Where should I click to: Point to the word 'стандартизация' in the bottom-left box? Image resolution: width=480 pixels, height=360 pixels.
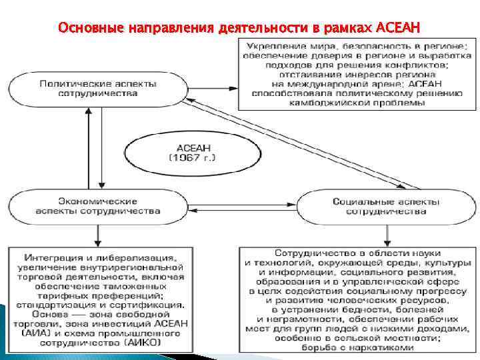coord(59,304)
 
